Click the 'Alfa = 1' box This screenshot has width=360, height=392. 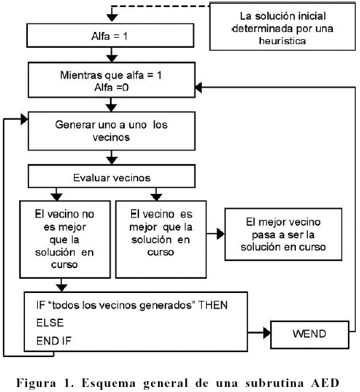pyautogui.click(x=110, y=36)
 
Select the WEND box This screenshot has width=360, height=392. pyautogui.click(x=310, y=335)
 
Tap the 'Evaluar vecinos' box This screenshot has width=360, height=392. pyautogui.click(x=111, y=176)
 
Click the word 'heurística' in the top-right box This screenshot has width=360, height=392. pyautogui.click(x=282, y=41)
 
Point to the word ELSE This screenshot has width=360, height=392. pyautogui.click(x=50, y=323)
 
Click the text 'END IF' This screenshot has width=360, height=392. pyautogui.click(x=54, y=341)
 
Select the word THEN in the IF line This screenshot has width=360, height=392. pyautogui.click(x=212, y=305)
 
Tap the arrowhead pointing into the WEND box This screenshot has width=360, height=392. pyautogui.click(x=267, y=333)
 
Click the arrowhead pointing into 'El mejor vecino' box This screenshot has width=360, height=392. pyautogui.click(x=221, y=234)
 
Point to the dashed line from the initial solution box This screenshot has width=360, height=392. pyautogui.click(x=160, y=6)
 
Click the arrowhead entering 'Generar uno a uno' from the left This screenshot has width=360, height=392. pyautogui.click(x=24, y=119)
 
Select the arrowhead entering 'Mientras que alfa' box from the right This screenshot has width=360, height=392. pyautogui.click(x=198, y=88)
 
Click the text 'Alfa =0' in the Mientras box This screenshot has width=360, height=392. pyautogui.click(x=111, y=88)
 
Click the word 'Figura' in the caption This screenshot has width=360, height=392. pyautogui.click(x=36, y=383)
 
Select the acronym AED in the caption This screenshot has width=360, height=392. pyautogui.click(x=325, y=383)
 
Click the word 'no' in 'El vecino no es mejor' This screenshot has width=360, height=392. pyautogui.click(x=88, y=215)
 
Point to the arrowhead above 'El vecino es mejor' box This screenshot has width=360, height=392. pyautogui.click(x=157, y=197)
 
